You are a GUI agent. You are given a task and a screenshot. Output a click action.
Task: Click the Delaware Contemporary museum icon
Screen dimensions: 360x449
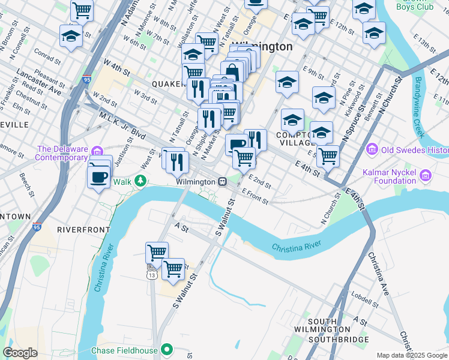click(x=98, y=149)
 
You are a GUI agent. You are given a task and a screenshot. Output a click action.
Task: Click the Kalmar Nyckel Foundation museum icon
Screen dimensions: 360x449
click(x=426, y=176)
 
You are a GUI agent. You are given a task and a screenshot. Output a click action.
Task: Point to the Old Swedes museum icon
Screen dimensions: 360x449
click(x=371, y=149)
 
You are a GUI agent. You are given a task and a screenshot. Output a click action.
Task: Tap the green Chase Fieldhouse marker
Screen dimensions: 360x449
click(x=168, y=350)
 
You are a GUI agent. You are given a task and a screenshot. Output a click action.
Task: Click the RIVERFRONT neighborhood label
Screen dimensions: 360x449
click(x=83, y=229)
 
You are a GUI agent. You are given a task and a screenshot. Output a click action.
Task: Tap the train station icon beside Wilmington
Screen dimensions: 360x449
click(x=222, y=181)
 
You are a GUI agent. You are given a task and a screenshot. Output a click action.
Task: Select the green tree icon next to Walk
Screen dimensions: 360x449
click(x=140, y=181)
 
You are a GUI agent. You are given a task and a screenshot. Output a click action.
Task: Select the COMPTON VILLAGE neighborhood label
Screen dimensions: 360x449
click(x=295, y=139)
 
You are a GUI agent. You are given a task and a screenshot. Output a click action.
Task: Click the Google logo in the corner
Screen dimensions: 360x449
click(x=20, y=353)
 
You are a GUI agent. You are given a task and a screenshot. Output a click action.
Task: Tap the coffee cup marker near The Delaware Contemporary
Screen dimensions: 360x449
click(x=98, y=176)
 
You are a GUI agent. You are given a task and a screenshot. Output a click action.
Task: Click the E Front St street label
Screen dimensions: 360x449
click(x=255, y=196)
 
